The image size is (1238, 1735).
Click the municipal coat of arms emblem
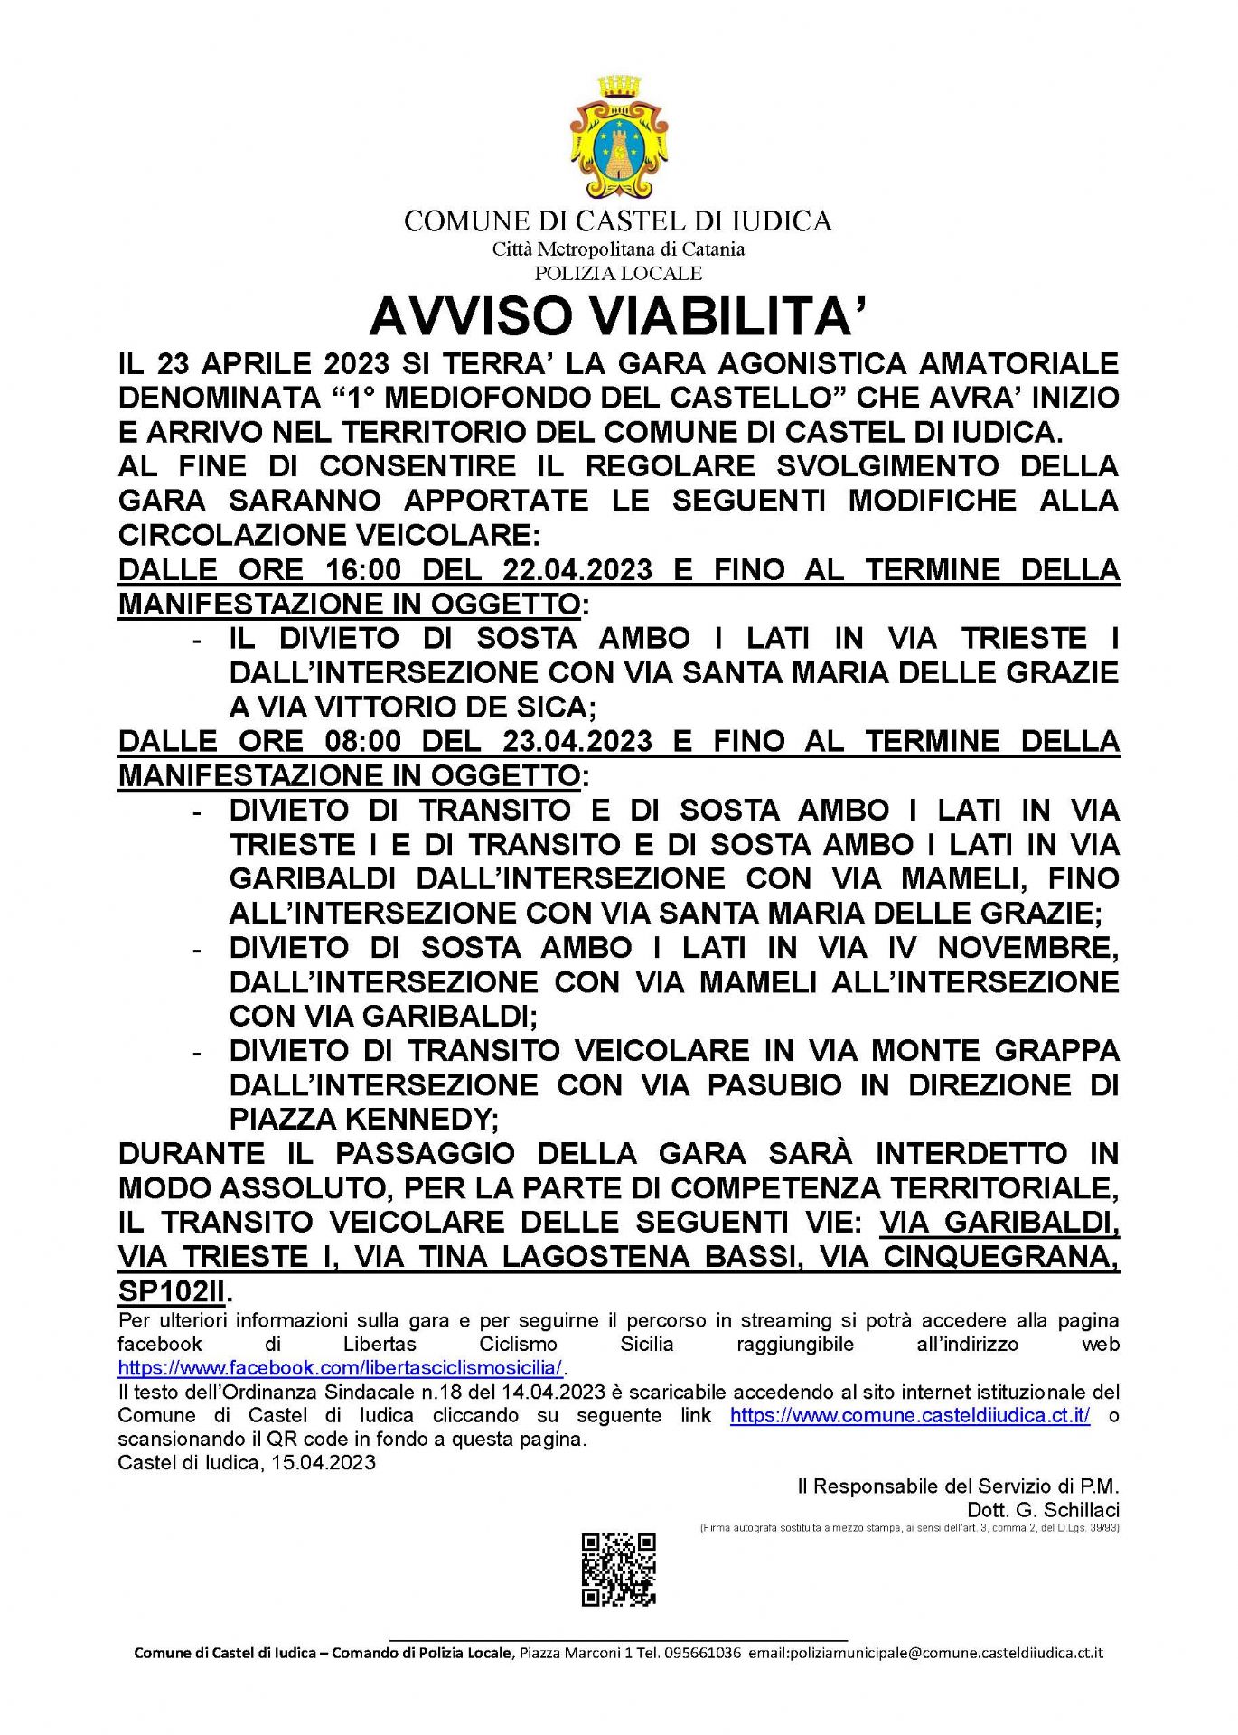click(618, 137)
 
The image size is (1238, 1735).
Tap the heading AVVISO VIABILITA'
click(618, 316)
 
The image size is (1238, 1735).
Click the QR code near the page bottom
click(618, 1570)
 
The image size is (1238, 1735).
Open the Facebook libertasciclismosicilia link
click(340, 1367)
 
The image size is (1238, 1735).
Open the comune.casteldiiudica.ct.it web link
click(909, 1415)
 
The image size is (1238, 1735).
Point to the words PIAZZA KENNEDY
click(362, 1120)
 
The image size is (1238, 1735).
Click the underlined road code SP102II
click(172, 1291)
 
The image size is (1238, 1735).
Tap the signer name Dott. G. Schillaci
click(1043, 1510)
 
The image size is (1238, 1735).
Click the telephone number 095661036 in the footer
click(702, 1653)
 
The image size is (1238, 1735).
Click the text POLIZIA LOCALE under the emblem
click(618, 273)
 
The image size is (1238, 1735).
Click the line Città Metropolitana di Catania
click(618, 249)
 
